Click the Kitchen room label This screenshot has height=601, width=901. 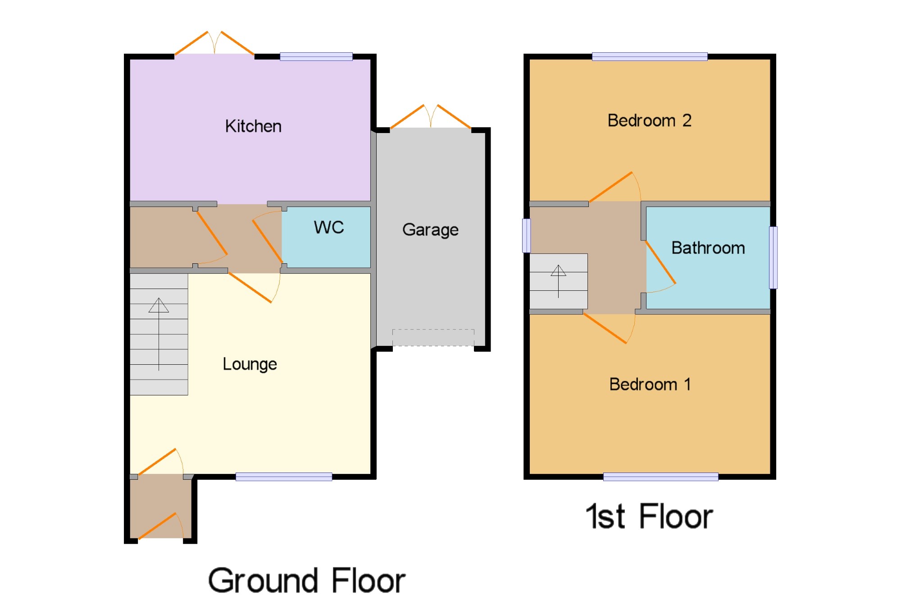pos(253,126)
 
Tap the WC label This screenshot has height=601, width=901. pos(329,227)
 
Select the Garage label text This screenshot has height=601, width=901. pos(430,230)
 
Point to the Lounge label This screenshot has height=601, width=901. pos(250,364)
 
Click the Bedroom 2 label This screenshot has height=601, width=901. pos(649,120)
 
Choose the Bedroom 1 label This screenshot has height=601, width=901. pos(650,384)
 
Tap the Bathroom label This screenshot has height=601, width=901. pos(708,248)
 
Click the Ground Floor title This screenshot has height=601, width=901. pos(306,580)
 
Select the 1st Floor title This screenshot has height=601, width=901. pos(649,516)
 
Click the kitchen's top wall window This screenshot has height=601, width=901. pos(316,56)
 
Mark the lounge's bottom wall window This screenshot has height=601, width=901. pos(284,477)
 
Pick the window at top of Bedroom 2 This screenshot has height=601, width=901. pos(650,56)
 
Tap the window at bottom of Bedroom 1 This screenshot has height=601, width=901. pos(660,477)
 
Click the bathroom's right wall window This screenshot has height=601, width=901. pos(773,257)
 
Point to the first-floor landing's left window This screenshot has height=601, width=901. pos(526,235)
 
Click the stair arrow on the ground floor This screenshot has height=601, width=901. pos(159,334)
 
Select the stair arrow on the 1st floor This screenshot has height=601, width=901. pos(558,281)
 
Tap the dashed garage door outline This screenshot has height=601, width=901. pos(433,338)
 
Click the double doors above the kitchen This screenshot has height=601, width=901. pos(214,43)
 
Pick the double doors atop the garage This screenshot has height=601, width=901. pos(431,116)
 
